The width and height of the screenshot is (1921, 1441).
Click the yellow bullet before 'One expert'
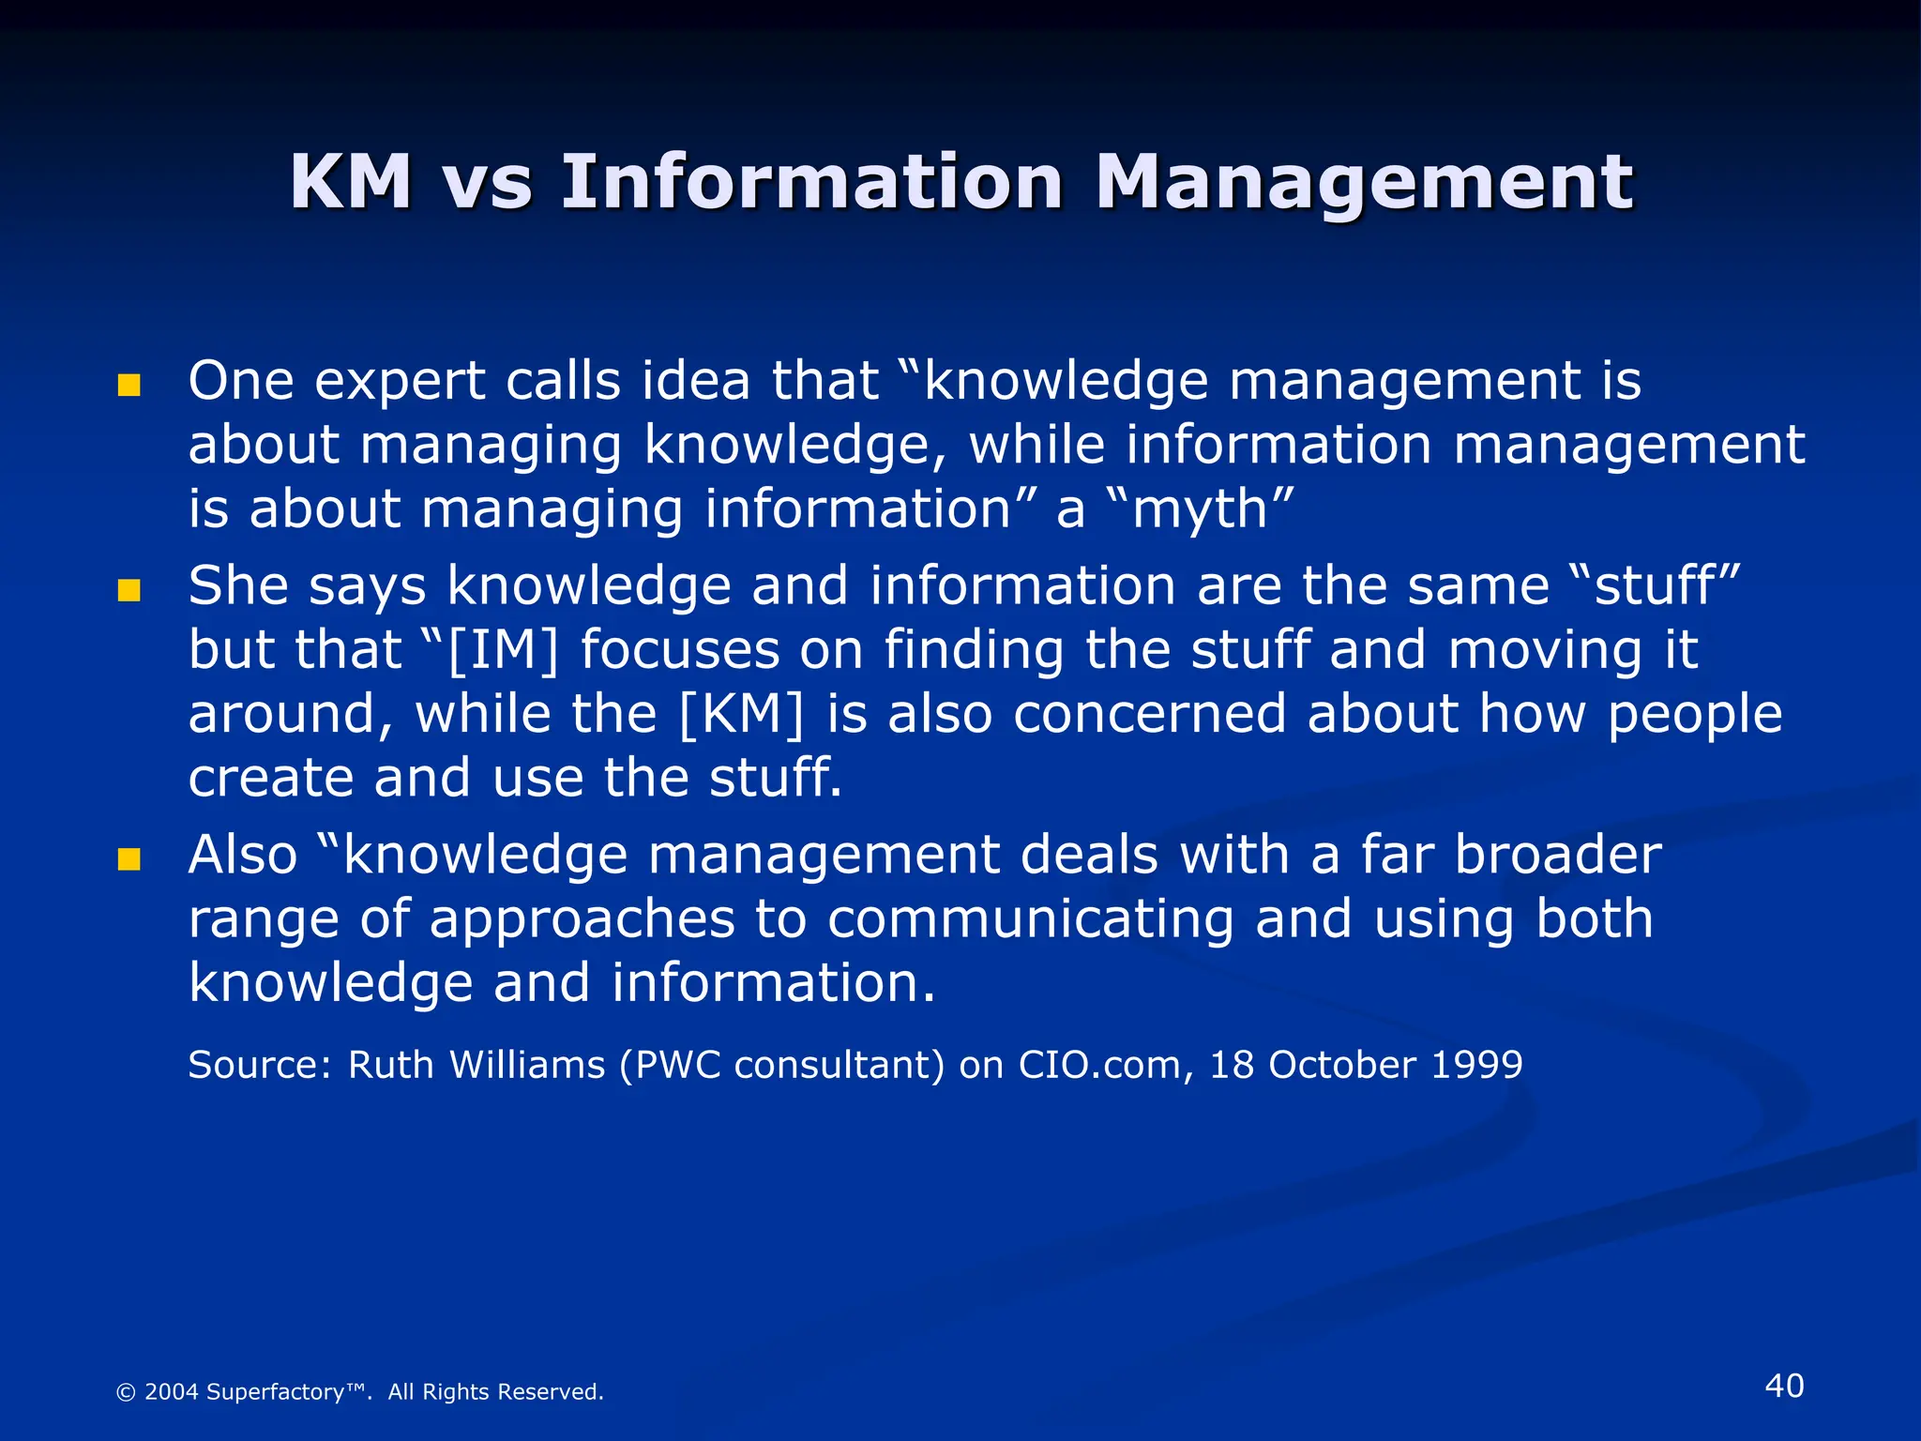pos(129,386)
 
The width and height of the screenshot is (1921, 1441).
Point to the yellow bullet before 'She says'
pos(129,590)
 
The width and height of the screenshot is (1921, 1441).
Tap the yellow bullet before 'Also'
pos(129,859)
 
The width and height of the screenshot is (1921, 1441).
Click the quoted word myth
pos(1200,510)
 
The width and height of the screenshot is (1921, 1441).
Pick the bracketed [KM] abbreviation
pos(741,715)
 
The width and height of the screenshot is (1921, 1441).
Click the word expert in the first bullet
pos(399,382)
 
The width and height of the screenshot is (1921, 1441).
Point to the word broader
pos(1557,855)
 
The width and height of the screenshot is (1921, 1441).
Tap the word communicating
pos(1030,919)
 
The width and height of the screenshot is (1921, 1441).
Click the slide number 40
pos(1783,1386)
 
